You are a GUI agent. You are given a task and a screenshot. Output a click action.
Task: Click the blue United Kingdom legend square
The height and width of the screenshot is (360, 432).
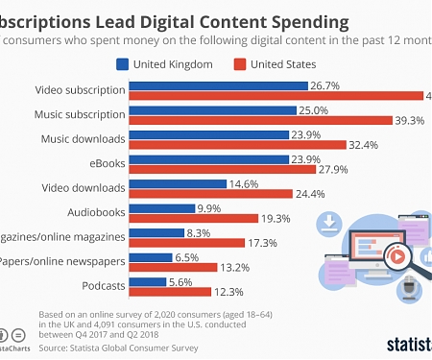pyautogui.click(x=122, y=65)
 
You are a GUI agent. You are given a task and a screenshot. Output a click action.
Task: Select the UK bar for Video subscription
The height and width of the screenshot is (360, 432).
pyautogui.click(x=218, y=85)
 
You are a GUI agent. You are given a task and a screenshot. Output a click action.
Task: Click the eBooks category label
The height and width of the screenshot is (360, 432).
pyautogui.click(x=107, y=162)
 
